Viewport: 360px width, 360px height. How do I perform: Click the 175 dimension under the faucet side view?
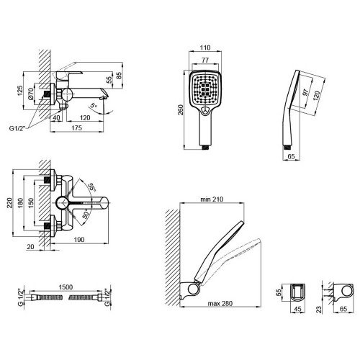coord(77,128)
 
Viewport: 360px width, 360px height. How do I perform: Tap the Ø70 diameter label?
coord(30,94)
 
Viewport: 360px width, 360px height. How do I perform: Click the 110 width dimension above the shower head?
coord(205,48)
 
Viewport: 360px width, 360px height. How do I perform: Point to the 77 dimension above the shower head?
coord(205,60)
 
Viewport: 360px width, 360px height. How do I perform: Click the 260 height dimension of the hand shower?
coord(180,110)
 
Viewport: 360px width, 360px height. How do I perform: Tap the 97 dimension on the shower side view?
coord(305,92)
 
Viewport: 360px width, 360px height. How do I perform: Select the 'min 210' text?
coord(212,199)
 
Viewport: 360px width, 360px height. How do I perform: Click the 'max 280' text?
coord(220,304)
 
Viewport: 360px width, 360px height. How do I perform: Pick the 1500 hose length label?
coord(66,287)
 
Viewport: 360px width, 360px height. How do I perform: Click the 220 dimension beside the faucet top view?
coord(9,203)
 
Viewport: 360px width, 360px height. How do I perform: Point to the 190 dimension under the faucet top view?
coord(79,240)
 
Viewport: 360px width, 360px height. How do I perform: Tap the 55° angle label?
coord(91,187)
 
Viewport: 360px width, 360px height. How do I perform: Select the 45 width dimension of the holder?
coord(297,309)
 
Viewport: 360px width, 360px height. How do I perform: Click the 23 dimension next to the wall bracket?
coord(318,309)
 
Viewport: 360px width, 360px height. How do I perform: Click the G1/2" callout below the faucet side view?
coord(17,128)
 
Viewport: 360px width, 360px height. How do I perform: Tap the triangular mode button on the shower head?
coord(205,110)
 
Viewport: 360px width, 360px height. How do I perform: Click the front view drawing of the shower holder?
coord(297,292)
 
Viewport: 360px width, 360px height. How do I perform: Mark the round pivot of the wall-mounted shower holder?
coord(193,289)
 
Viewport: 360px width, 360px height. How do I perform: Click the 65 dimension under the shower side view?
coord(291,156)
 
